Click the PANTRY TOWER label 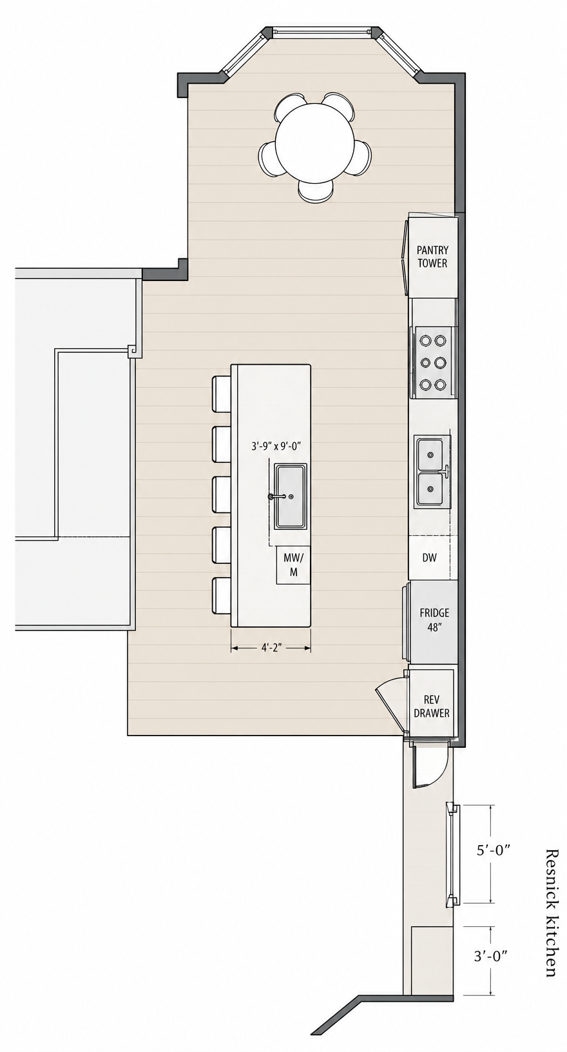pos(432,257)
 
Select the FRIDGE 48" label pos(434,619)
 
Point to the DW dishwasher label pos(430,558)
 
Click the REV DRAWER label pos(431,706)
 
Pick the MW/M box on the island pos(293,565)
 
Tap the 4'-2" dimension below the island pos(271,648)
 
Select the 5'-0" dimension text pos(493,850)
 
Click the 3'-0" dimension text pos(491,955)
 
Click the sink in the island pos(291,496)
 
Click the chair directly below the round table pos(316,191)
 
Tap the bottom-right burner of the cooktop pos(440,385)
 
